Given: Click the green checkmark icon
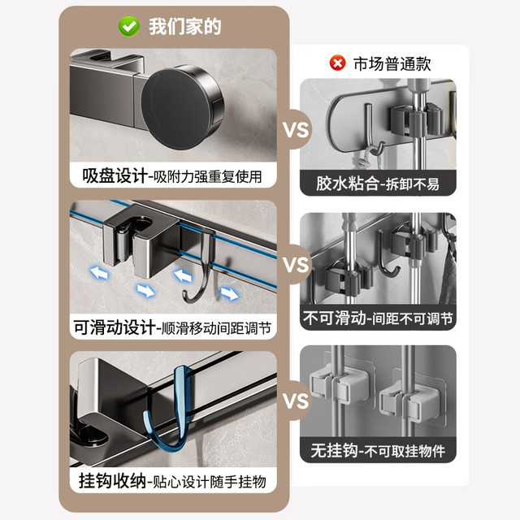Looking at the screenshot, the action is pos(129,27).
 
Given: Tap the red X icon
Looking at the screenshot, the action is pos(337,63).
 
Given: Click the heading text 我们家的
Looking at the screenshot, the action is pos(184,27).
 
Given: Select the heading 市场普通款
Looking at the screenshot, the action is pos(392,63).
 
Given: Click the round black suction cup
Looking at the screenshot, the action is pos(182,106).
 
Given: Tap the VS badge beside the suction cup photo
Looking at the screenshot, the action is pos(296,130).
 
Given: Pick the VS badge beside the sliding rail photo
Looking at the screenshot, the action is pos(296,265).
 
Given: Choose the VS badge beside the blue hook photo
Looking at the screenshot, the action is pos(296,401).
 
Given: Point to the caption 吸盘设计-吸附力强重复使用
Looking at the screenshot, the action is pos(172,175).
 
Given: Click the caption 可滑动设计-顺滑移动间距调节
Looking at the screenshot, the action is pos(172,327).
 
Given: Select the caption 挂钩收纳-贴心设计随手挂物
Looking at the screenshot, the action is pos(172,481).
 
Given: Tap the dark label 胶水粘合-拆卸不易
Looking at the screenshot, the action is pos(378,184).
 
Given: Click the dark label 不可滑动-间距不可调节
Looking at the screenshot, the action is pos(378,318).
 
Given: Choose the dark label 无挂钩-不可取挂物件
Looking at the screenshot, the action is pos(378,450).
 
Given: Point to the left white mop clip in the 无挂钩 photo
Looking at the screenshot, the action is pos(339,383).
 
